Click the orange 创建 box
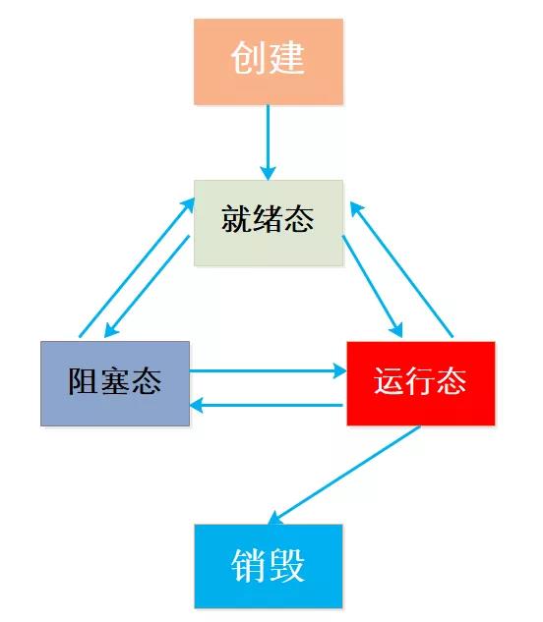[269, 62]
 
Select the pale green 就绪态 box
[269, 223]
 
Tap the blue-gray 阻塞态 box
[115, 383]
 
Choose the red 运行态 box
[421, 383]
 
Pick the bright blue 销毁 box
[269, 566]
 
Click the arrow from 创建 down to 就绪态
[269, 142]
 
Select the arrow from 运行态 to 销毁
[344, 476]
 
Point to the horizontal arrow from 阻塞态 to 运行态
[269, 371]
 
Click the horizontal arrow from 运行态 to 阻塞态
[267, 406]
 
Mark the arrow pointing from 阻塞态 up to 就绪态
[137, 267]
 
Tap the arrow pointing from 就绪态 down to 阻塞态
[147, 286]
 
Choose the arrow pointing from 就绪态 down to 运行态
[373, 286]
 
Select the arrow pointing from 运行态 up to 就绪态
[401, 269]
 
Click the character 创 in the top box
[248, 58]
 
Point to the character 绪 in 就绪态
[268, 218]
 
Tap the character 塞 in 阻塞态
[115, 381]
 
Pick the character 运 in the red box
[389, 380]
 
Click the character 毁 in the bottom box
[288, 565]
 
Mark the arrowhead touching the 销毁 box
[274, 519]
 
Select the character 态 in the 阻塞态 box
[147, 381]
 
